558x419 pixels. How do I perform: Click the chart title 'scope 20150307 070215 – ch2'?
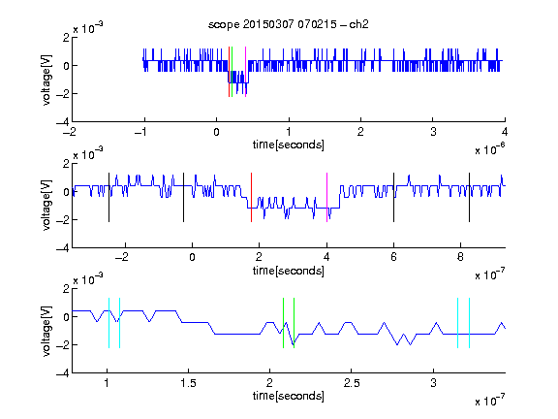(x=289, y=24)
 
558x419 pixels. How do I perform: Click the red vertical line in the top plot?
(x=230, y=72)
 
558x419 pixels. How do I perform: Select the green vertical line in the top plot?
(x=232, y=72)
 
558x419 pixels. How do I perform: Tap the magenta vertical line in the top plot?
(x=245, y=72)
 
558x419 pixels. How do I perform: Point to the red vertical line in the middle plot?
(x=251, y=198)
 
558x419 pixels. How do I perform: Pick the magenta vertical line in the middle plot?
(x=326, y=198)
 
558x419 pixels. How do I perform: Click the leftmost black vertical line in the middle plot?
(x=108, y=198)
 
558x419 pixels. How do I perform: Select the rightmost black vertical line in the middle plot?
(x=469, y=198)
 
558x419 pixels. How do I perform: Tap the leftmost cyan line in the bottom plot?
(x=108, y=323)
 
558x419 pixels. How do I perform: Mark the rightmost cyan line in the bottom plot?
(x=469, y=323)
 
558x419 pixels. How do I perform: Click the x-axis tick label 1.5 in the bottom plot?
(x=188, y=383)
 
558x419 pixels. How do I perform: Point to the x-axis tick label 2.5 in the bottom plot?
(x=352, y=383)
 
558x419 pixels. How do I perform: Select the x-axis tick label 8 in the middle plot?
(x=460, y=257)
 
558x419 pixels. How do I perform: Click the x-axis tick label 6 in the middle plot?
(x=393, y=257)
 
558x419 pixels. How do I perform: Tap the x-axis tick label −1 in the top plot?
(x=141, y=132)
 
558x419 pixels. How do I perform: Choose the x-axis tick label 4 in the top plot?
(x=505, y=132)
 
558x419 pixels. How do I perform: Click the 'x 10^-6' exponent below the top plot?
(x=490, y=149)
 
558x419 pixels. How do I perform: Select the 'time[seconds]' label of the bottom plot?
(x=289, y=396)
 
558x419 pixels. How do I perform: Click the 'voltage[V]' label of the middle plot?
(x=46, y=206)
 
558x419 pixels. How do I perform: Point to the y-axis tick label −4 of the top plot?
(x=63, y=122)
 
